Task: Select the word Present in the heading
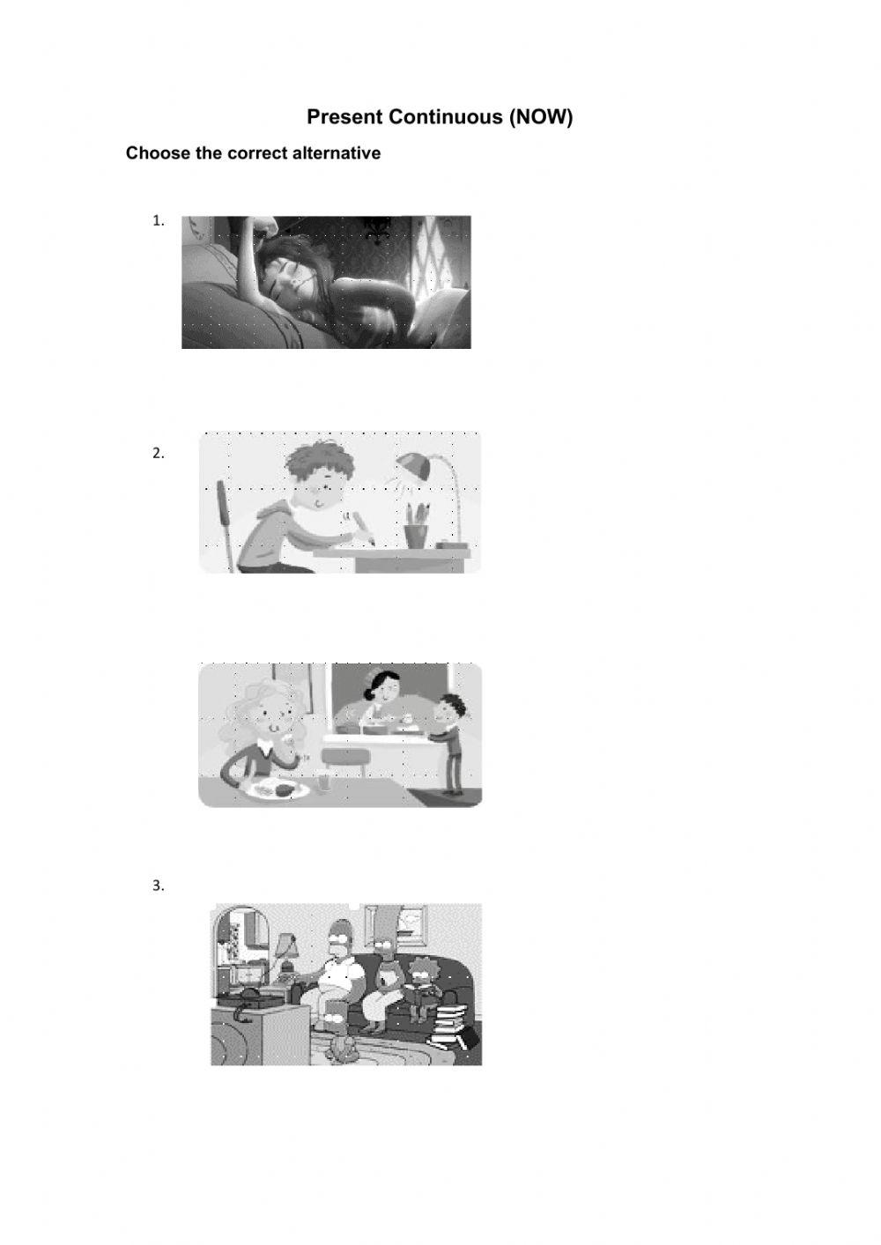pos(344,116)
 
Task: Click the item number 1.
pos(159,220)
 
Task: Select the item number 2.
pos(159,454)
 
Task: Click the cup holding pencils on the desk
pos(416,535)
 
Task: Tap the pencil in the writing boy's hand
pos(364,525)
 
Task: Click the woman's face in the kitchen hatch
pos(386,690)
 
